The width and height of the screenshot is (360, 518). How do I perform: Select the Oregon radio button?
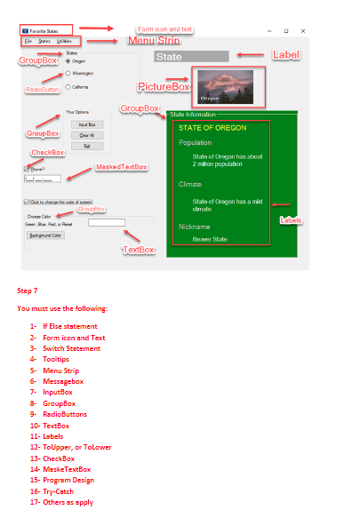68,61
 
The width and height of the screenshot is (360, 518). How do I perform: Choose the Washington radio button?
68,74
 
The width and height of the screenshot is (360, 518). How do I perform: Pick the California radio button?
68,87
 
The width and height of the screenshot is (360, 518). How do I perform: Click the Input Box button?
87,124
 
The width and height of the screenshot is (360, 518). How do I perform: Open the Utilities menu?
64,41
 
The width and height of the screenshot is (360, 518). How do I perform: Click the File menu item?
28,41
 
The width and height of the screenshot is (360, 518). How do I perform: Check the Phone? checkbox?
27,167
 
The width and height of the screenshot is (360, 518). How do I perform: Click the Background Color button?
44,235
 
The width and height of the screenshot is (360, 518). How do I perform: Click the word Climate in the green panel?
190,184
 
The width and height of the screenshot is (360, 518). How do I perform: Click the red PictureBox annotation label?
164,87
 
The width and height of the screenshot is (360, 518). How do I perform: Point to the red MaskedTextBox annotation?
122,166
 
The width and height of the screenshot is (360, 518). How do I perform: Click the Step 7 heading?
27,291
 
